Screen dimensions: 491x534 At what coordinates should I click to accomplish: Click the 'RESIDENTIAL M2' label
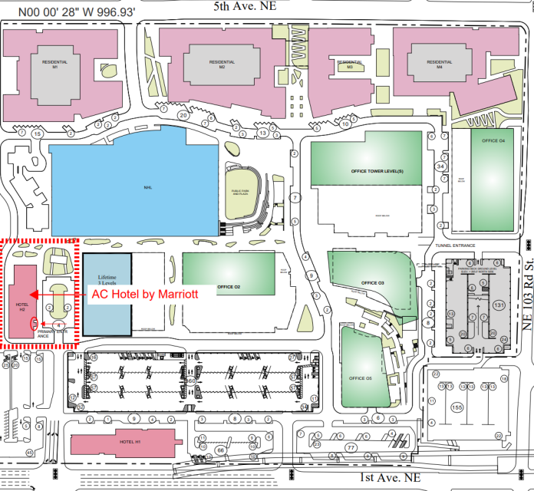222,64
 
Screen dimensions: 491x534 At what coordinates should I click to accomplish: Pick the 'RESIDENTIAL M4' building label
440,64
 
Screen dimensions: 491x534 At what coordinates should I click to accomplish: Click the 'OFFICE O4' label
493,141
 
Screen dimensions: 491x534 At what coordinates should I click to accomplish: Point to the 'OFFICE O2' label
229,287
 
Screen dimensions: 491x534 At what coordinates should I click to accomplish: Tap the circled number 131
499,305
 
